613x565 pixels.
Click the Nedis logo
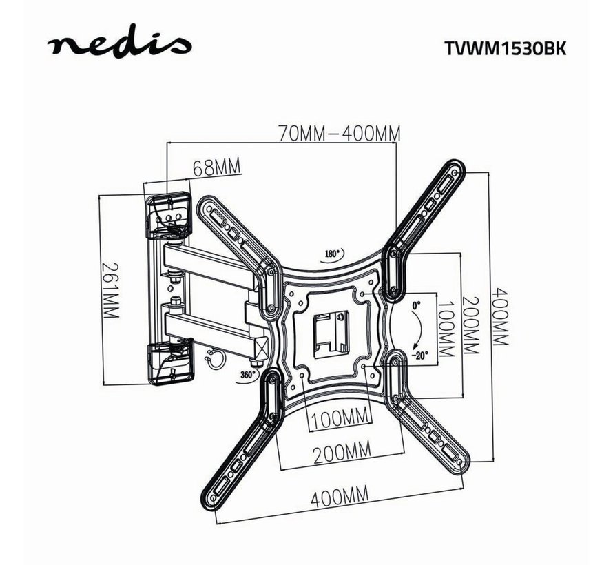point(118,46)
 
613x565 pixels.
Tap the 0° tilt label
point(415,304)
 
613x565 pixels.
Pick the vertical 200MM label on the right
point(471,325)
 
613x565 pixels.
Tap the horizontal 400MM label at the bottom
point(338,494)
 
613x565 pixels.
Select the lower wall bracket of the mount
point(169,359)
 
